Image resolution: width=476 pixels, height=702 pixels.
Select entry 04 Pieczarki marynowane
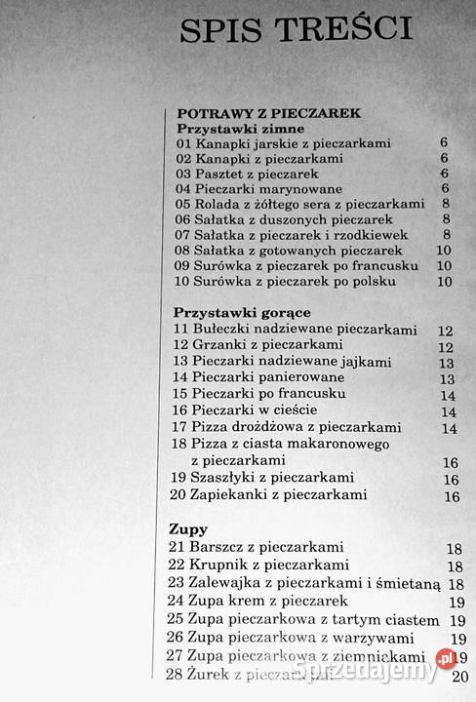tap(256, 188)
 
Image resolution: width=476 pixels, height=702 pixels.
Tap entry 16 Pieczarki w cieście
tap(244, 410)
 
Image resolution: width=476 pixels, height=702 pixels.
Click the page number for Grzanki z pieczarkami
tap(446, 347)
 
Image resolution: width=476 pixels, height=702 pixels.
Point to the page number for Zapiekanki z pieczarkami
tap(451, 496)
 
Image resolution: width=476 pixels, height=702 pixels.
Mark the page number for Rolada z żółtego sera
tap(444, 204)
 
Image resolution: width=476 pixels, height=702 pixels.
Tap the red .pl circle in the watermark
tap(445, 658)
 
